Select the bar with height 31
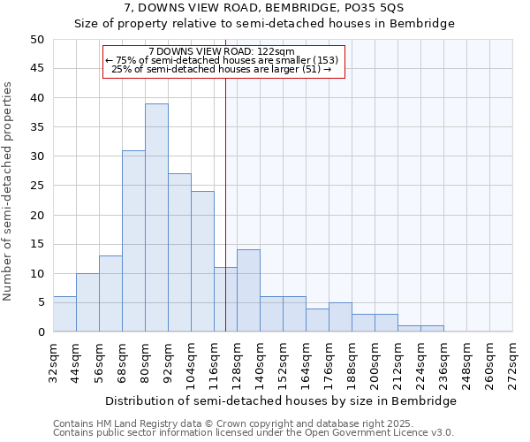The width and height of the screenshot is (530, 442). coord(133,240)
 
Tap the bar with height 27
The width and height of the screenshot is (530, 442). coord(179,252)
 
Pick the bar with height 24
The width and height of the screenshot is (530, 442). coord(202,261)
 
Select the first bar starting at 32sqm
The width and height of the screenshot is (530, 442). coord(64,314)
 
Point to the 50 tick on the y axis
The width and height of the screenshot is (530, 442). coord(36,40)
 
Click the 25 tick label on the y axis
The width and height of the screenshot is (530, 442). coord(36,186)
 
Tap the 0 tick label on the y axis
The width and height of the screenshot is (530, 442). coord(40,332)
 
